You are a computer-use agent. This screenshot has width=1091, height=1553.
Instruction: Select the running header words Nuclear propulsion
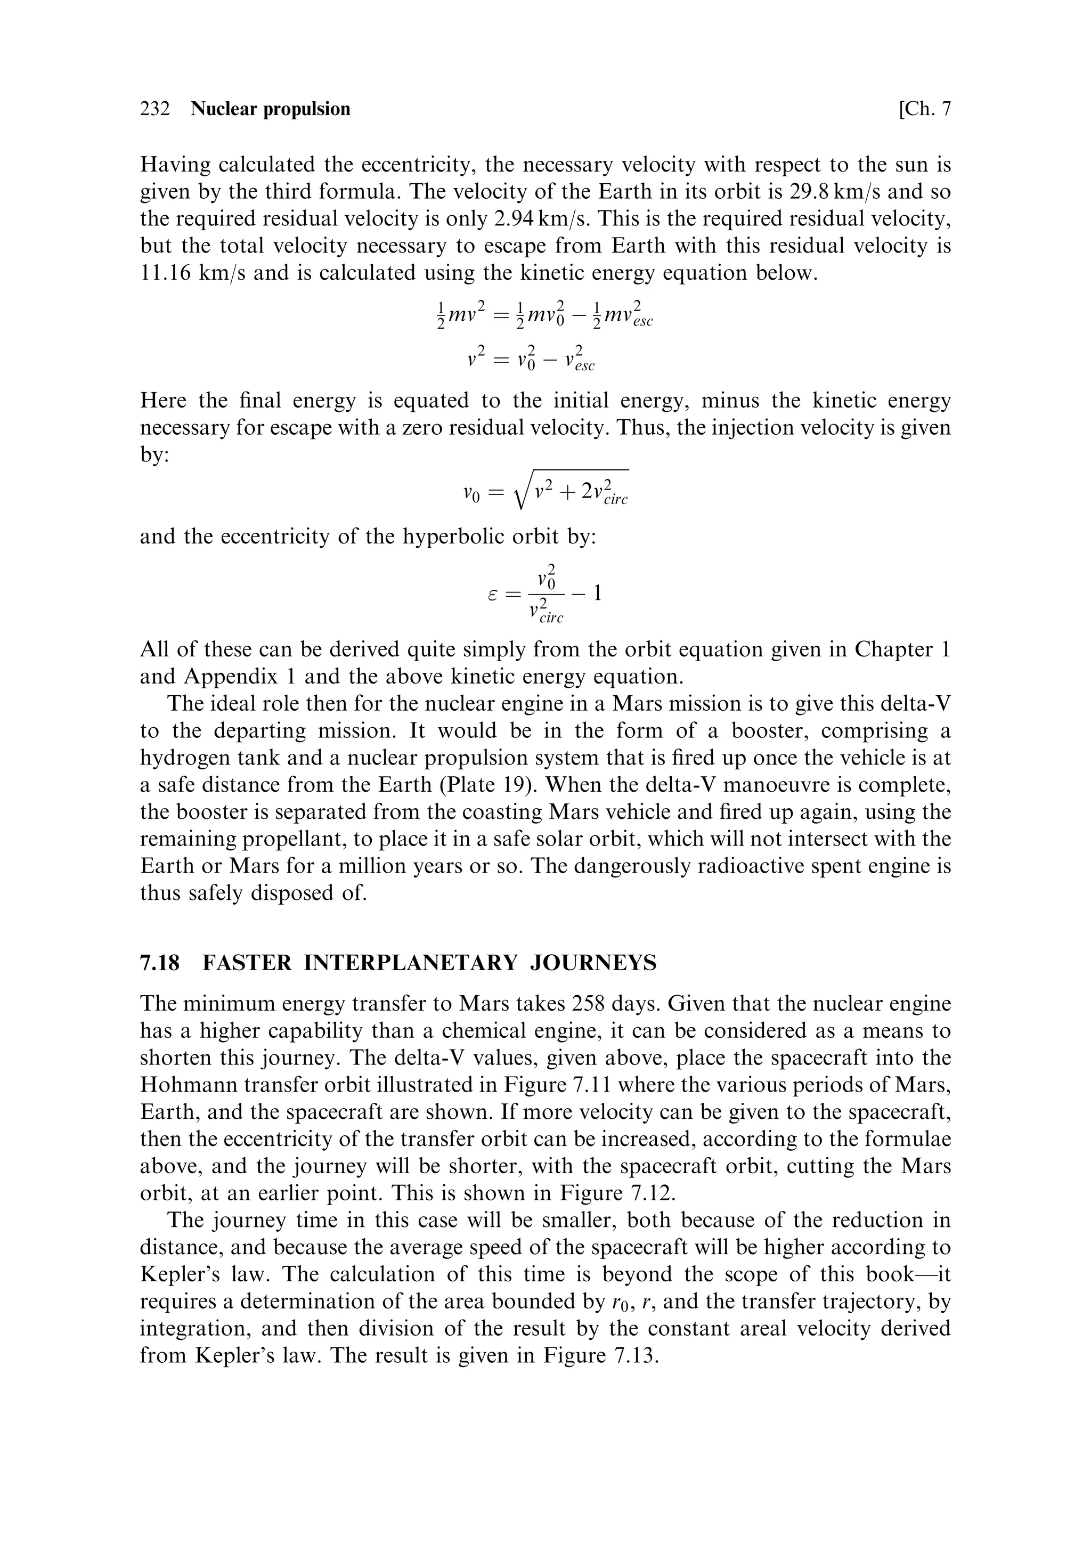[271, 109]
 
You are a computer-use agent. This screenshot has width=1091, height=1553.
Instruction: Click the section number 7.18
[160, 963]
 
